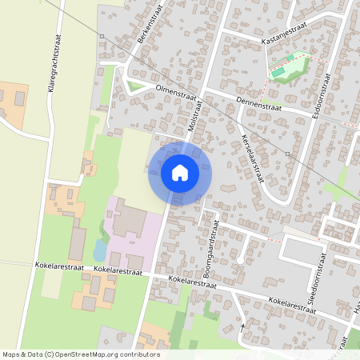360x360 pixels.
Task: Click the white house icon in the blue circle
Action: click(x=180, y=172)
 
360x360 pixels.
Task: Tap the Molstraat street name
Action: click(x=192, y=119)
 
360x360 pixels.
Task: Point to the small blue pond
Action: click(x=99, y=250)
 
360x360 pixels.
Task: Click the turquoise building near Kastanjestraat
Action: click(x=278, y=73)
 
